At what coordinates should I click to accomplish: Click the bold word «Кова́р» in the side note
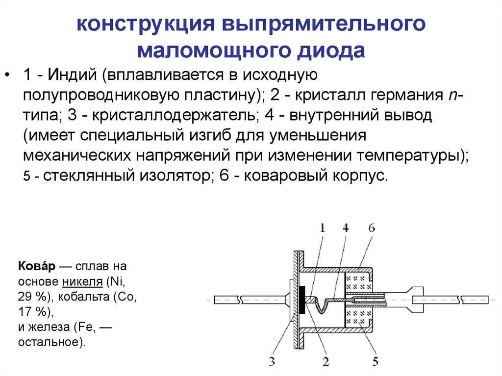tap(37, 267)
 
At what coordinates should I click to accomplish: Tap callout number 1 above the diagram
tap(322, 227)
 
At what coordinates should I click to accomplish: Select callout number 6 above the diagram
tap(371, 227)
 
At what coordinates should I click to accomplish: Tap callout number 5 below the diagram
tap(375, 362)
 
